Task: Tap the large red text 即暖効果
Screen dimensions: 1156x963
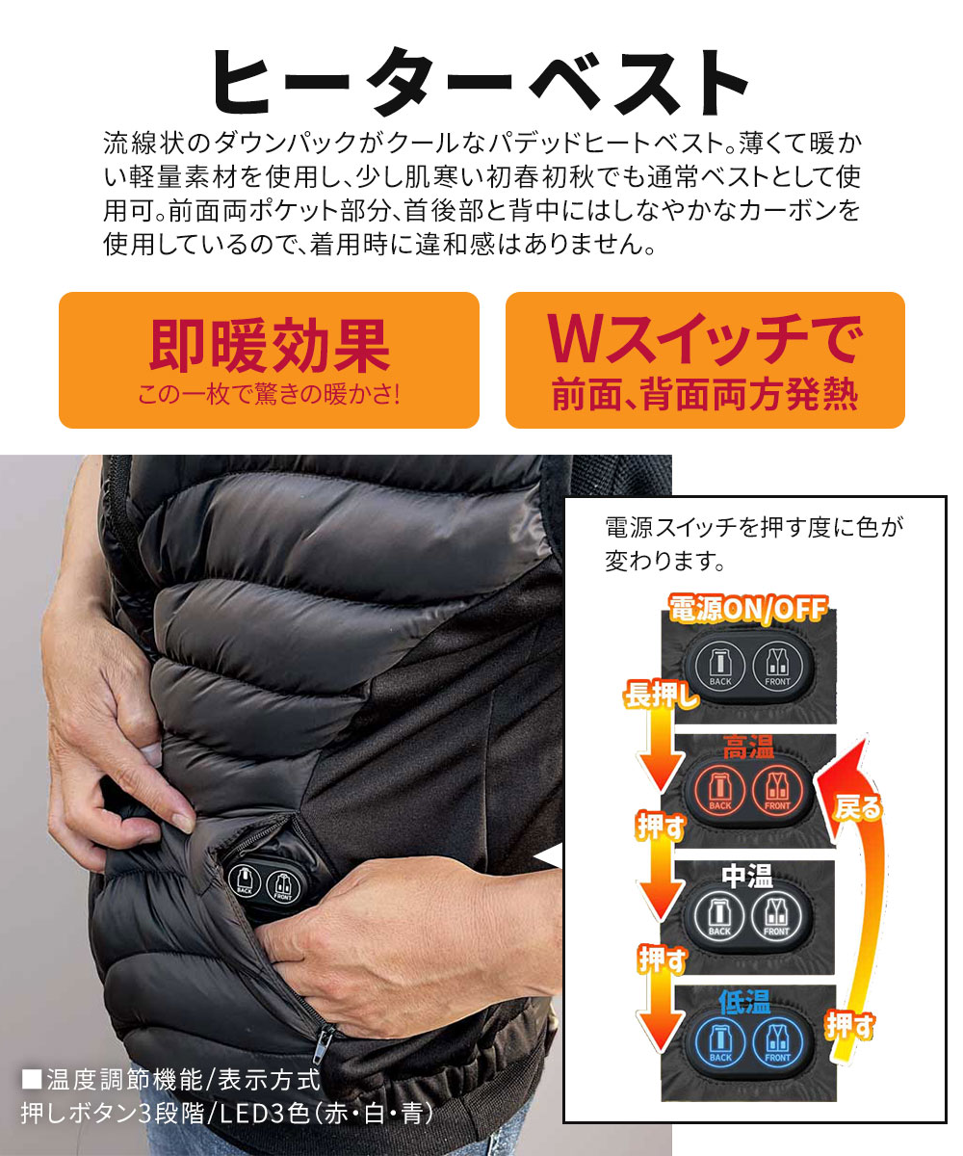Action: click(269, 344)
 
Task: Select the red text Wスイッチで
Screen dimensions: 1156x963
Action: click(704, 342)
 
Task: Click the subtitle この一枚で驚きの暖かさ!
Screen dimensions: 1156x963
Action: click(269, 394)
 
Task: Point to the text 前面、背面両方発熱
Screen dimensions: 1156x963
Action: click(704, 395)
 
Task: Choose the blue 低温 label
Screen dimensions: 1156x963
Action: click(745, 1002)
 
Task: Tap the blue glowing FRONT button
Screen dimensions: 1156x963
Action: click(776, 1040)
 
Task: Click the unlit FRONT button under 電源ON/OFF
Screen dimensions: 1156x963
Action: click(776, 664)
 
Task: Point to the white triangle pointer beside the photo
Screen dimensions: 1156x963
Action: click(549, 856)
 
